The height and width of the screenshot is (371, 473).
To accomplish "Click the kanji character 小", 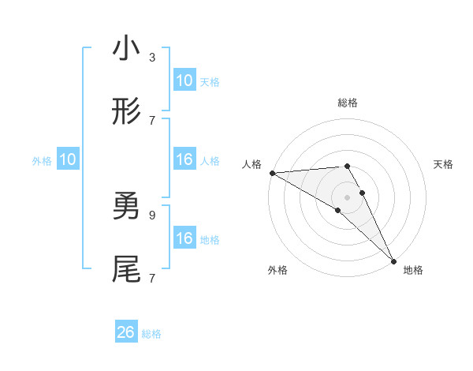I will [126, 50].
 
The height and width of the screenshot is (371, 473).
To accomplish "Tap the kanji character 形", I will [126, 113].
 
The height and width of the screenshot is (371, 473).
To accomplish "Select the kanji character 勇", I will [126, 207].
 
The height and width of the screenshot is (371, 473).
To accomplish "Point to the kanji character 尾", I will [126, 270].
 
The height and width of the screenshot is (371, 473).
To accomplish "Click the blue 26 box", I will [126, 332].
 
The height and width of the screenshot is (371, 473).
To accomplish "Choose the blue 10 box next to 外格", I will [68, 159].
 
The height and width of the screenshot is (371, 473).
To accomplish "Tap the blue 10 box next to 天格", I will [184, 81].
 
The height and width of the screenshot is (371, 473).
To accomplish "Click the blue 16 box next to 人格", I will [184, 159].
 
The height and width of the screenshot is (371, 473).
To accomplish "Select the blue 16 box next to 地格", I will [184, 238].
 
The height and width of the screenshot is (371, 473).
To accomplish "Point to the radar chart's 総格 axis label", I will [348, 103].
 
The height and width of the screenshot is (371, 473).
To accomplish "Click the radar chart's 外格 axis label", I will [277, 270].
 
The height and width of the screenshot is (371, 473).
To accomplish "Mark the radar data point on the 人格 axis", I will [272, 173].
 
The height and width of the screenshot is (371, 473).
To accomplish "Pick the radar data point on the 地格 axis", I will [393, 260].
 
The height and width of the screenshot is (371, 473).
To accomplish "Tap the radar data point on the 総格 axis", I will [347, 166].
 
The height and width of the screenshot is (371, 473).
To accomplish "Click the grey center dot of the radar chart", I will [348, 196].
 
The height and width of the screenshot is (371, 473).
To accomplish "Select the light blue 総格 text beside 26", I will [151, 333].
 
